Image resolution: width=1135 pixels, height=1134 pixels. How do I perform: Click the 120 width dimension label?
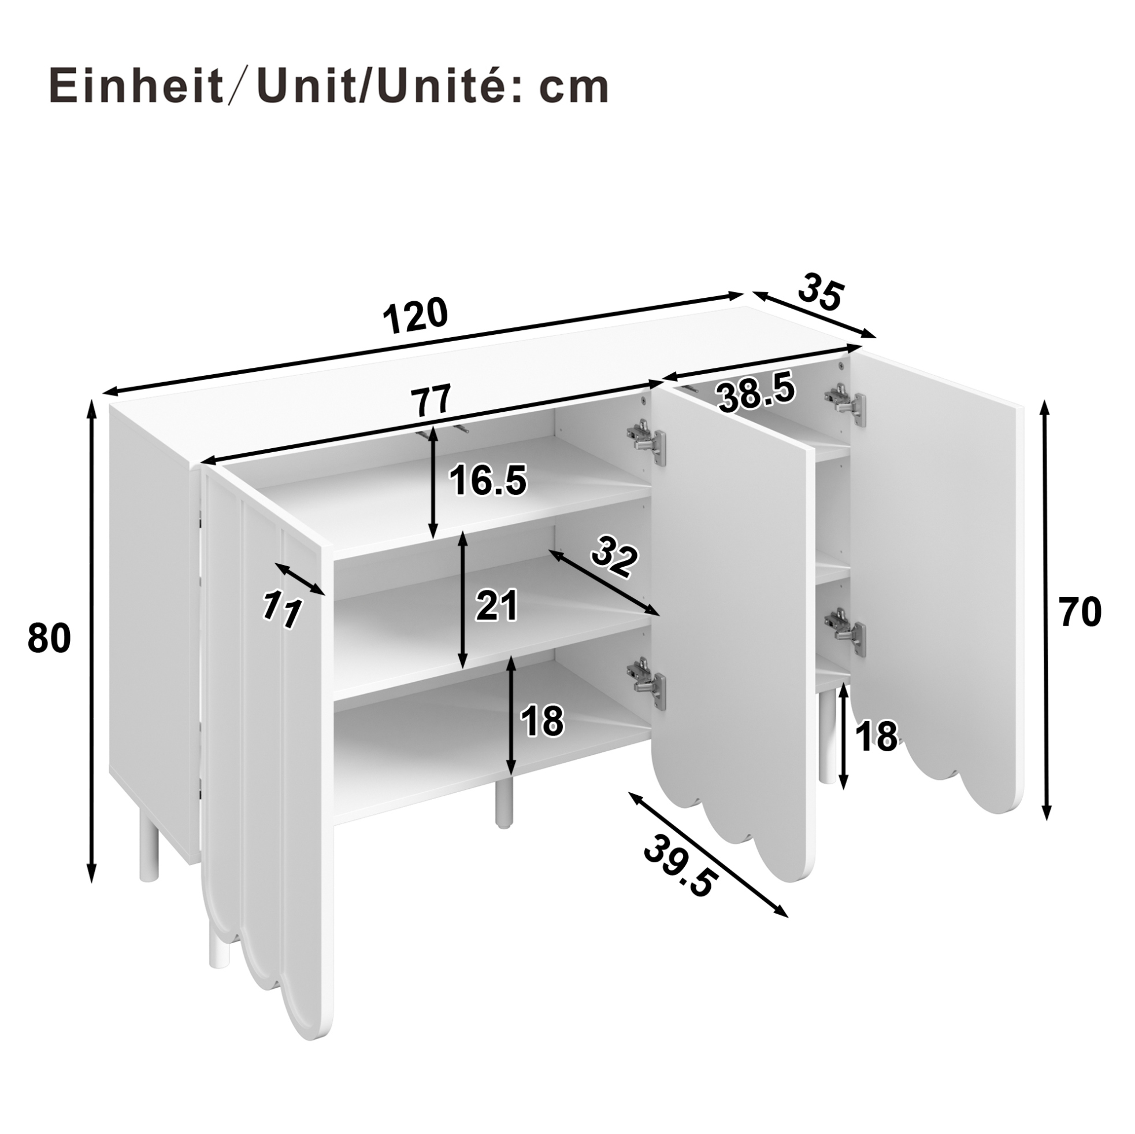tap(416, 316)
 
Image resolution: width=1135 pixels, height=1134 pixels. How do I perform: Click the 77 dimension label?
tap(431, 400)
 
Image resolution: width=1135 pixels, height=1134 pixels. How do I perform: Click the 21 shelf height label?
tap(497, 605)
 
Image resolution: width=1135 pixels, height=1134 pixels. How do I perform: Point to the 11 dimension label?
tap(281, 610)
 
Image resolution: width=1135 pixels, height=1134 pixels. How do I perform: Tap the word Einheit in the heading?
tap(136, 87)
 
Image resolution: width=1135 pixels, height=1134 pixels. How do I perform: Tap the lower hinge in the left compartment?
tap(647, 685)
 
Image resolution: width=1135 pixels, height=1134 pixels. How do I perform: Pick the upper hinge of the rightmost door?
tap(845, 404)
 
